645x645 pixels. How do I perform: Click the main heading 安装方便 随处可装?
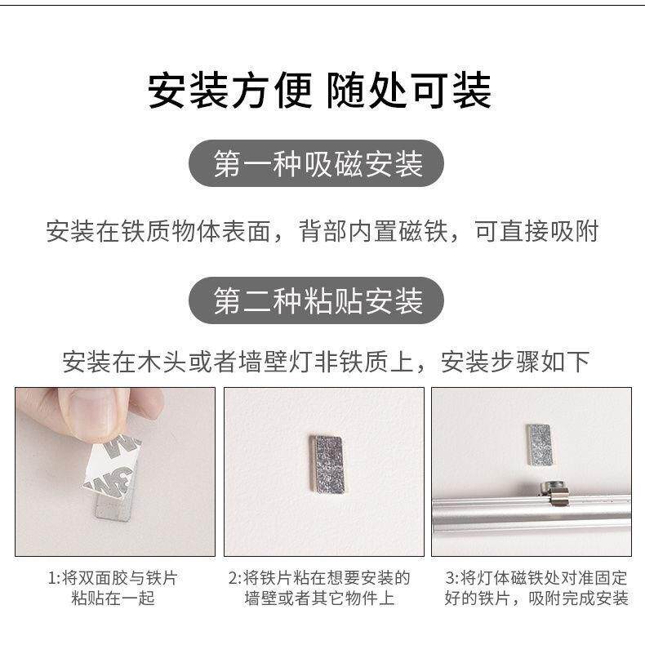319,91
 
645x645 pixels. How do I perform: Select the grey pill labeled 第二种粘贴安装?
318,300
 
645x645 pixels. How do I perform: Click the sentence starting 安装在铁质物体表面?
322,231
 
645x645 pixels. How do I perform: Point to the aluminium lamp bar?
531,510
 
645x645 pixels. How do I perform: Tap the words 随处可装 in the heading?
408,91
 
